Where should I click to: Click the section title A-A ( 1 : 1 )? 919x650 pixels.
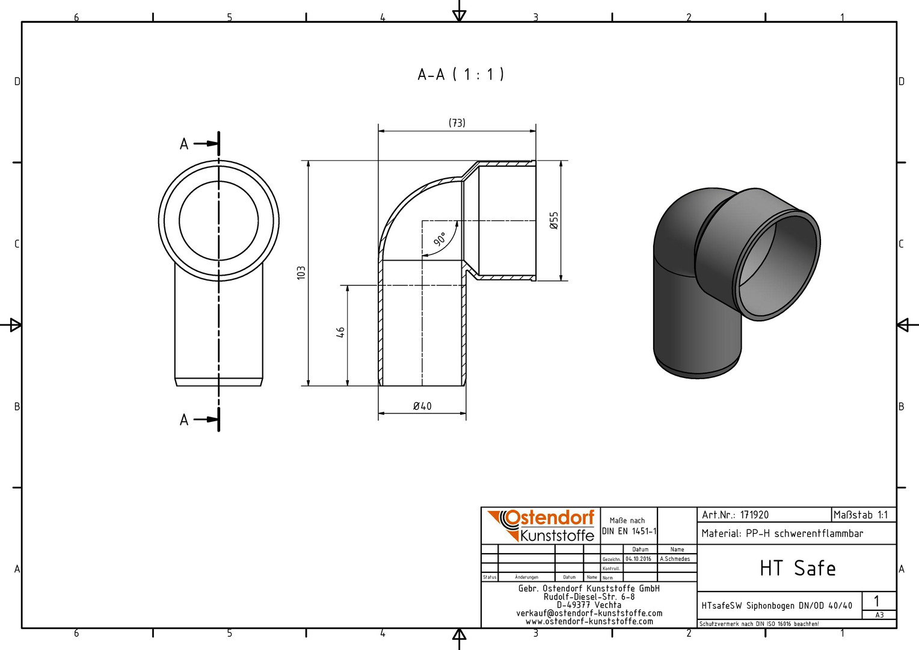tap(461, 75)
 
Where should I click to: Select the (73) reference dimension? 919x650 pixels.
tap(456, 123)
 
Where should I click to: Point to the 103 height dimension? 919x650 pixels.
tap(301, 273)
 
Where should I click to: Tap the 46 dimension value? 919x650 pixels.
tap(340, 332)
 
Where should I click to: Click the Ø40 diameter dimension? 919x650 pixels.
tap(422, 406)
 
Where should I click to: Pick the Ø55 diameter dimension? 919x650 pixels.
tap(554, 220)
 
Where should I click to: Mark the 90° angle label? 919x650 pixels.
tap(440, 239)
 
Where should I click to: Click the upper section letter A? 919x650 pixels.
tap(184, 144)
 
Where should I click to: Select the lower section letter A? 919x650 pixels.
tap(184, 420)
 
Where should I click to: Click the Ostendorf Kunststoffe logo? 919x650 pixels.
tap(541, 525)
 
